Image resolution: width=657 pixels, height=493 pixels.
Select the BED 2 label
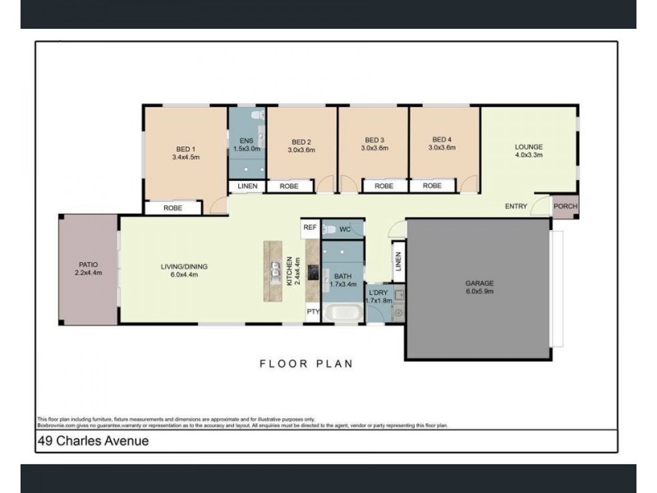[301, 145]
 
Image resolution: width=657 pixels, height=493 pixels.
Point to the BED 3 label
[374, 145]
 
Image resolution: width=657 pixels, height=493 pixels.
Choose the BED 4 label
[442, 145]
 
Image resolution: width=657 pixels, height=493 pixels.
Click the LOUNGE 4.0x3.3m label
[529, 151]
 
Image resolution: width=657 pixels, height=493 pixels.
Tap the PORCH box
[564, 206]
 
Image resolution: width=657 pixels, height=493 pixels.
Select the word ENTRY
[516, 206]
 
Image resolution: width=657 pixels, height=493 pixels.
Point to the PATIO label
[87, 267]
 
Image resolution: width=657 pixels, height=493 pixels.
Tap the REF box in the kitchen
[310, 227]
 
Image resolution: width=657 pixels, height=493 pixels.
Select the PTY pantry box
[312, 311]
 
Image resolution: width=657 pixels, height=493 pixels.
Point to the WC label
[345, 228]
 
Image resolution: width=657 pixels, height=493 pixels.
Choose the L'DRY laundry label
[378, 297]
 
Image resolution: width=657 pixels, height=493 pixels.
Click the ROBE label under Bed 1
[172, 208]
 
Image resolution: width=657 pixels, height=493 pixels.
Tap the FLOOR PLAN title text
[306, 363]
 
